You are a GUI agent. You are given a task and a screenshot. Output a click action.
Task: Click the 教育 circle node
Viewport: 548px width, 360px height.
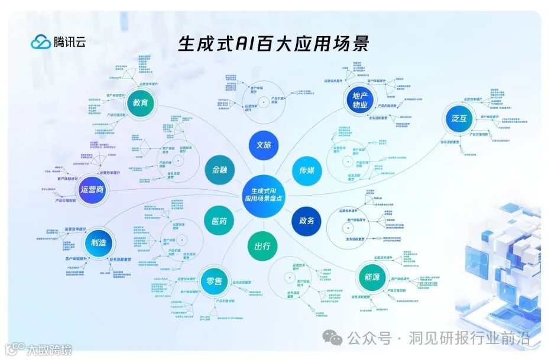(x=141, y=103)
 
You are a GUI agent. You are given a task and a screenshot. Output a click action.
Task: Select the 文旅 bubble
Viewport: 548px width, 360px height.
(x=264, y=145)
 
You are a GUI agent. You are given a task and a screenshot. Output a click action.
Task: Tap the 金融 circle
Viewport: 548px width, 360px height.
(x=216, y=170)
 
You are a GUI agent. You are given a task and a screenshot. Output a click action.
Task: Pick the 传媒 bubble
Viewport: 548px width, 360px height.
(x=306, y=170)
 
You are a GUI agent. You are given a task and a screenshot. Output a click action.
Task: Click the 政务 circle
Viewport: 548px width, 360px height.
(x=306, y=220)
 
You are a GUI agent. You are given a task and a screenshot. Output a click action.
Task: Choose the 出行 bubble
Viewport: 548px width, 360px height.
(x=262, y=246)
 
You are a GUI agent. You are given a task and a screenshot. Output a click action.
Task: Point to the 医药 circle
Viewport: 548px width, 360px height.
(x=219, y=221)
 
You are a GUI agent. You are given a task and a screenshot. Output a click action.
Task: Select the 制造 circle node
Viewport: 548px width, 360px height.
(x=99, y=244)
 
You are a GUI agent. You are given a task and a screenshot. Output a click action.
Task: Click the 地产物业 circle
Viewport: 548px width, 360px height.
(x=360, y=100)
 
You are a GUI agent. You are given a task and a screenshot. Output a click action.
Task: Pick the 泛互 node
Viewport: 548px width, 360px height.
(x=459, y=119)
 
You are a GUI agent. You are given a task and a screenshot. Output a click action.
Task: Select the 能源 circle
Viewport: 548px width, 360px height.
(x=372, y=276)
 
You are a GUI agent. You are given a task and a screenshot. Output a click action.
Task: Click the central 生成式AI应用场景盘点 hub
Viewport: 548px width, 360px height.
(x=264, y=194)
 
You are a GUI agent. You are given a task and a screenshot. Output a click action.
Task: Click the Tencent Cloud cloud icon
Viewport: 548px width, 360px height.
(x=41, y=41)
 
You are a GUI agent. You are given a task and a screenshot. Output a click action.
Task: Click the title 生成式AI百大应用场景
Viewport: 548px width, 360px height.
(x=273, y=44)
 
